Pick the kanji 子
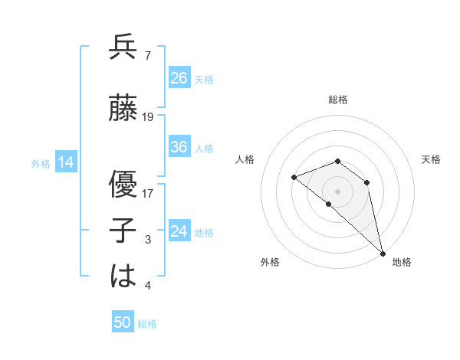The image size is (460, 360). click(x=123, y=230)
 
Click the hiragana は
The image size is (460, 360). click(x=123, y=276)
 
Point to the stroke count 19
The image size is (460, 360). click(x=148, y=117)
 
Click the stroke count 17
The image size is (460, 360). click(x=148, y=193)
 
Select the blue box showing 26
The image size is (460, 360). click(x=179, y=77)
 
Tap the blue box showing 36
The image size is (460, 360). click(x=179, y=147)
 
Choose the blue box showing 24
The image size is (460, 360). click(x=179, y=231)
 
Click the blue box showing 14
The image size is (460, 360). click(x=66, y=162)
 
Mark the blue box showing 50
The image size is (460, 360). click(x=123, y=322)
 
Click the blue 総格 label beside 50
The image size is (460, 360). click(x=148, y=324)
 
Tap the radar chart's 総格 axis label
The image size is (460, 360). click(x=338, y=100)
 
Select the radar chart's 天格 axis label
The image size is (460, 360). click(x=431, y=159)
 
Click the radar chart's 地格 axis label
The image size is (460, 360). click(x=402, y=262)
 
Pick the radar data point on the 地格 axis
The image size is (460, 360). click(x=382, y=253)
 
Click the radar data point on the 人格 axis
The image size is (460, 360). click(x=294, y=178)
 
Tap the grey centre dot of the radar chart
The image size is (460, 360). click(x=337, y=191)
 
